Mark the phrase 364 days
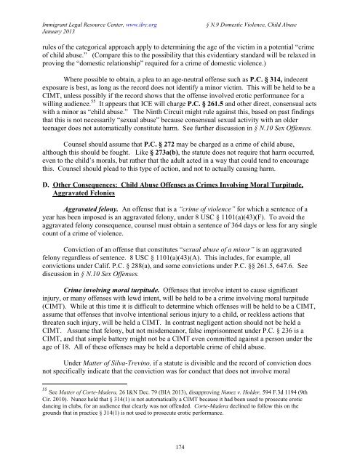(222, 267)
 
